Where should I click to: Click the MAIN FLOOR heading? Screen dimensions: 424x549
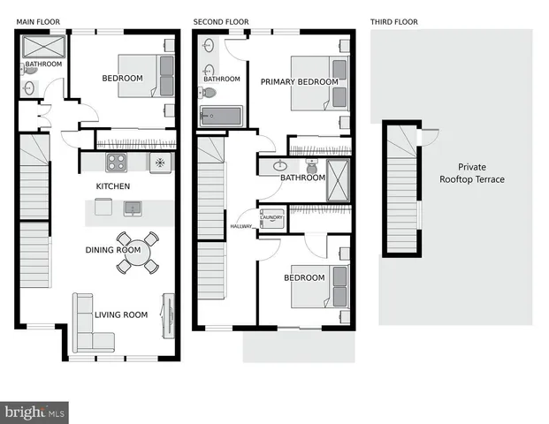click(40, 21)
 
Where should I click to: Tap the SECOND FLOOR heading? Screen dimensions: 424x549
click(221, 21)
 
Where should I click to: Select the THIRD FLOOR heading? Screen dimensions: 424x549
click(394, 21)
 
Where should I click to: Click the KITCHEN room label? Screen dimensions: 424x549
click(113, 186)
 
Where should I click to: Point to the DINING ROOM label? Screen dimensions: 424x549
click(112, 250)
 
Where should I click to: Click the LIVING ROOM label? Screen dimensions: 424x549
click(122, 314)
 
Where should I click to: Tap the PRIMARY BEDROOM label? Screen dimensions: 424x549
click(299, 82)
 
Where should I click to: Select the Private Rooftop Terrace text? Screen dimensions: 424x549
click(472, 173)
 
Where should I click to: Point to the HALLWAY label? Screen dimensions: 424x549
click(241, 227)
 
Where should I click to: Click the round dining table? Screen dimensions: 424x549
click(138, 251)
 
